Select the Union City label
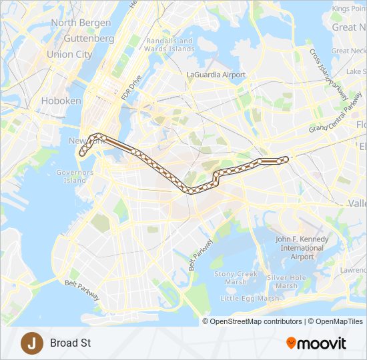[x=69, y=54]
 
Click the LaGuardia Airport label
[x=216, y=75]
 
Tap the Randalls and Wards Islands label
[x=169, y=45]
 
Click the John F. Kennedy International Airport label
[x=302, y=248]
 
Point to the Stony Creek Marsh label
[x=236, y=278]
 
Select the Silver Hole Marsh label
[x=286, y=282]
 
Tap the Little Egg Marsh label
[x=250, y=298]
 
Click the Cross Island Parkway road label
[x=331, y=80]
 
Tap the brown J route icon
[x=31, y=343]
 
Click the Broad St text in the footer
[x=70, y=344]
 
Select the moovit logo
[x=316, y=343]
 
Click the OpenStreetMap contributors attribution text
[x=256, y=321]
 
